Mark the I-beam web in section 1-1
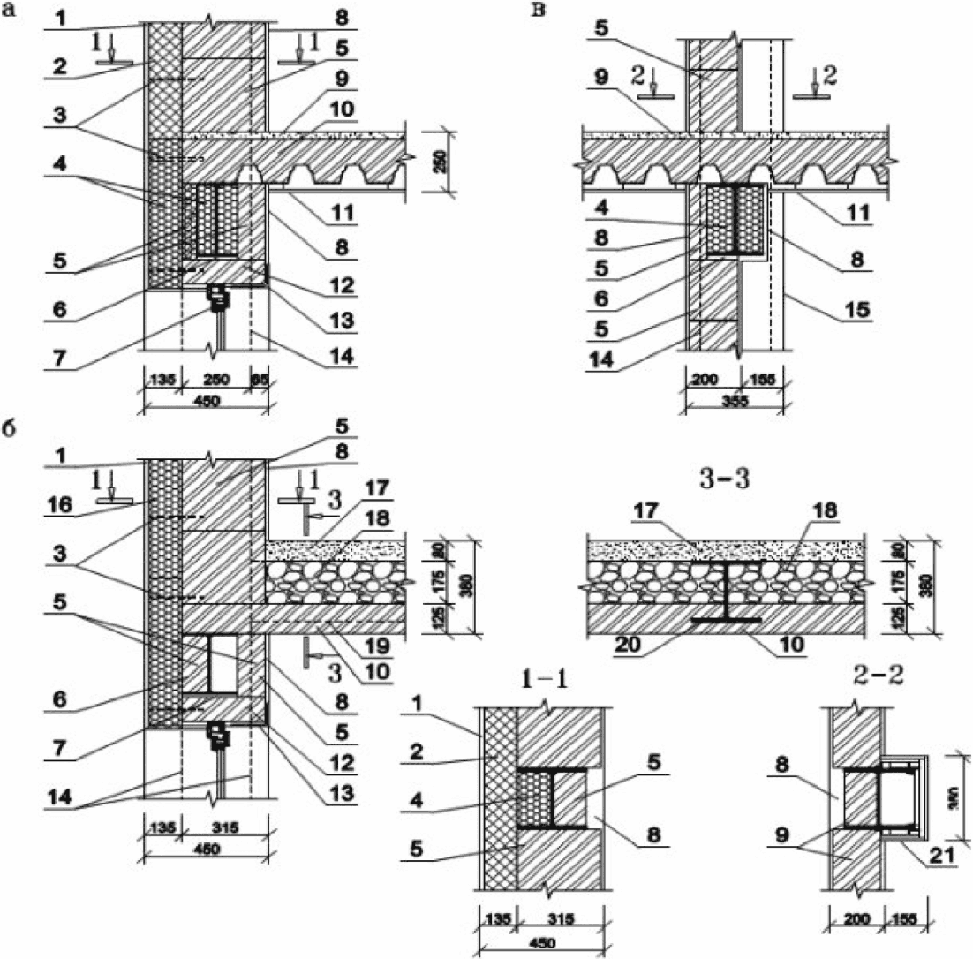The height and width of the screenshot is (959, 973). coord(549,797)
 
